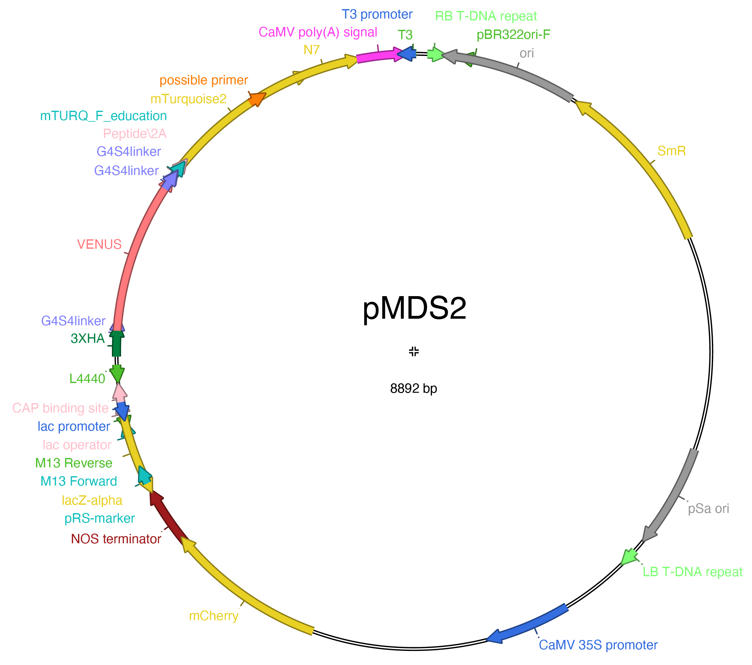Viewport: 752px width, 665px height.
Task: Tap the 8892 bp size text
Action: [x=413, y=388]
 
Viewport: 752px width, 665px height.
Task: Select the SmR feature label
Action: [x=671, y=151]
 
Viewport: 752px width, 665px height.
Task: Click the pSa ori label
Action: [x=708, y=508]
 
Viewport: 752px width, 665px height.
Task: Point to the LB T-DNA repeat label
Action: [x=692, y=572]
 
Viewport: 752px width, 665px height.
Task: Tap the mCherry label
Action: [x=214, y=616]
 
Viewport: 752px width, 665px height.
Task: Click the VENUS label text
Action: [x=99, y=244]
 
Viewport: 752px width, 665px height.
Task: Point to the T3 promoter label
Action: [x=377, y=14]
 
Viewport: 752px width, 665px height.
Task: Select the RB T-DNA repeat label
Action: [x=486, y=16]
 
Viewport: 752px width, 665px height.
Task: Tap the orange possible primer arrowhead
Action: [x=258, y=99]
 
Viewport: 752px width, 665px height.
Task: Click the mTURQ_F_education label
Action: [x=103, y=116]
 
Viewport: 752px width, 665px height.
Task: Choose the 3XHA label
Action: [x=87, y=338]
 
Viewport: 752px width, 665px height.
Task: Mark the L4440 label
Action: [x=87, y=379]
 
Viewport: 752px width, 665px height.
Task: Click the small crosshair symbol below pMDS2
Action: [x=414, y=351]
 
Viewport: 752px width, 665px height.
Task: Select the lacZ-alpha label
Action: [x=92, y=500]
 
